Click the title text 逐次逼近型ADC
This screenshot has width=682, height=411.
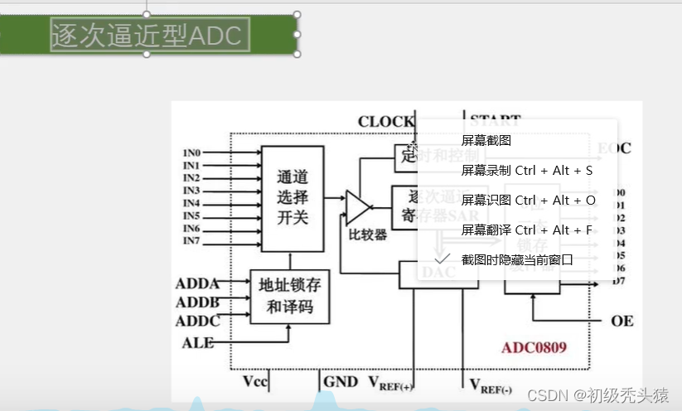coord(148,35)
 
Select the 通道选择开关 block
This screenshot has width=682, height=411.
coord(292,198)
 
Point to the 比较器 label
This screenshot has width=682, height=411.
coord(368,235)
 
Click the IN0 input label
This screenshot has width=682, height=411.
coord(191,152)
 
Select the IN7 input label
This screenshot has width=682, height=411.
coord(191,241)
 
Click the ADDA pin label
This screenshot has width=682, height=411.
coord(197,284)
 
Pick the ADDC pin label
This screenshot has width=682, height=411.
coord(197,321)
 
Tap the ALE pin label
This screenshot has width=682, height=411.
coord(197,341)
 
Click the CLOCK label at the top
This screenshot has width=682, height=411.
coord(385,122)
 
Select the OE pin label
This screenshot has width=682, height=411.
coord(622,321)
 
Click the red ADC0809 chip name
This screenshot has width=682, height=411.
coord(534,347)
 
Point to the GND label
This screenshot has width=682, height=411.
coord(341,382)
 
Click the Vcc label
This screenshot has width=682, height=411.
coord(254,382)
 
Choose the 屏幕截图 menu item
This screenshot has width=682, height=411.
coord(486,141)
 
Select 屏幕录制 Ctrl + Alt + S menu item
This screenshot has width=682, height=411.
coord(526,171)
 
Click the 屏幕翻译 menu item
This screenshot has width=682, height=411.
coord(526,230)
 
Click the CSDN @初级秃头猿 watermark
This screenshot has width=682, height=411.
coord(598,395)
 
